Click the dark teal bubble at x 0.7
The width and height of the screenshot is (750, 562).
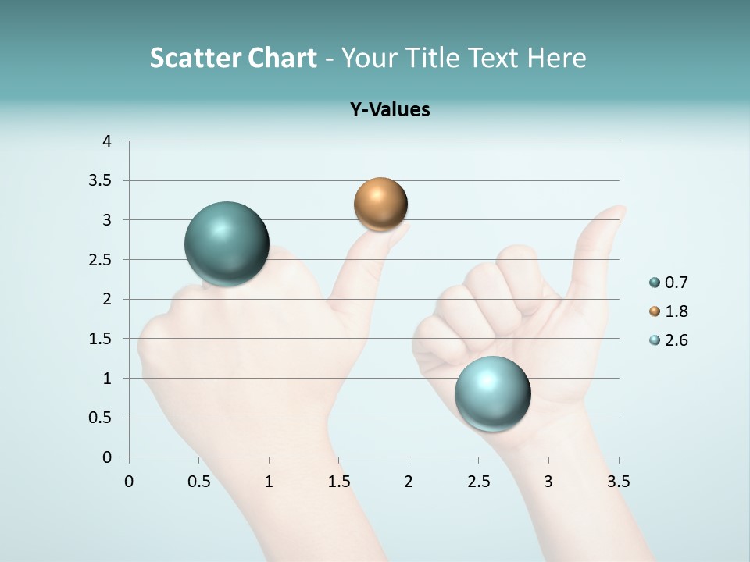pos(227,244)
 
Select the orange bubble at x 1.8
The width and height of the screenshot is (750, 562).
pos(380,205)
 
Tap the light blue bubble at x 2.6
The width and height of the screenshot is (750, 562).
pos(492,393)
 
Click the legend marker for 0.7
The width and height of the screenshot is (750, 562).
pos(654,283)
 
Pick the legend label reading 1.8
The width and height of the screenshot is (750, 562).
pos(676,311)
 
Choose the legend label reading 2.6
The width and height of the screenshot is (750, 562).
pos(676,340)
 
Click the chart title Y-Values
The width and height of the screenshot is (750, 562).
pos(390,109)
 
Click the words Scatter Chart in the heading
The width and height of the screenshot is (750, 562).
pos(233,58)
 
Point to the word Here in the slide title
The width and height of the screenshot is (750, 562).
pos(555,58)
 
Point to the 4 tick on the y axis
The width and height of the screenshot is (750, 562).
pos(107,140)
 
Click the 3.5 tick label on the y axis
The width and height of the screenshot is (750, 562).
pos(101,180)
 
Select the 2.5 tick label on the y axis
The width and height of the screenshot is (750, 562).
pos(101,259)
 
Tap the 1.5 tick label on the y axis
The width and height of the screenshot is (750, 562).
pos(101,339)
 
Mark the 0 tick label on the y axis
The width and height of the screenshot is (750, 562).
pos(107,457)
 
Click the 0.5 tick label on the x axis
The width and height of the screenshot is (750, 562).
pos(199,482)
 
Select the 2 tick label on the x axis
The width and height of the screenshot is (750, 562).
pos(409,482)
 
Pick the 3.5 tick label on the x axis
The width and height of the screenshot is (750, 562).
pos(618,482)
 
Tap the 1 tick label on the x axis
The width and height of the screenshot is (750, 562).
pos(269,482)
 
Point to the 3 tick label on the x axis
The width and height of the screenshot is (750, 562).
pos(548,482)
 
